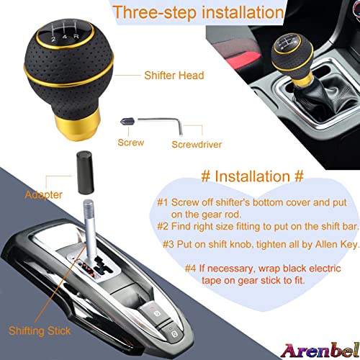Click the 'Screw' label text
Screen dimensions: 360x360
click(130, 142)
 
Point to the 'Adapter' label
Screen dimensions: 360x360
click(44, 194)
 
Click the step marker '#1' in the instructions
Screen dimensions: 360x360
click(165, 202)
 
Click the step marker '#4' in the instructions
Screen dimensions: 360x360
click(191, 268)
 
